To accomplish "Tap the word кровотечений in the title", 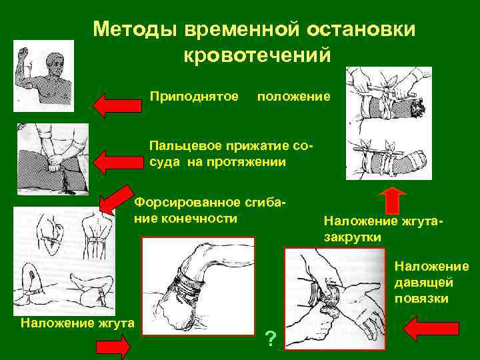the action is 257,55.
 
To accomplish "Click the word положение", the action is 293,97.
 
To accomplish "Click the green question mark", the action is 270,339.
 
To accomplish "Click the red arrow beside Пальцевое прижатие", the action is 119,161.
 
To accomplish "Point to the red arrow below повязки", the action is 432,328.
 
